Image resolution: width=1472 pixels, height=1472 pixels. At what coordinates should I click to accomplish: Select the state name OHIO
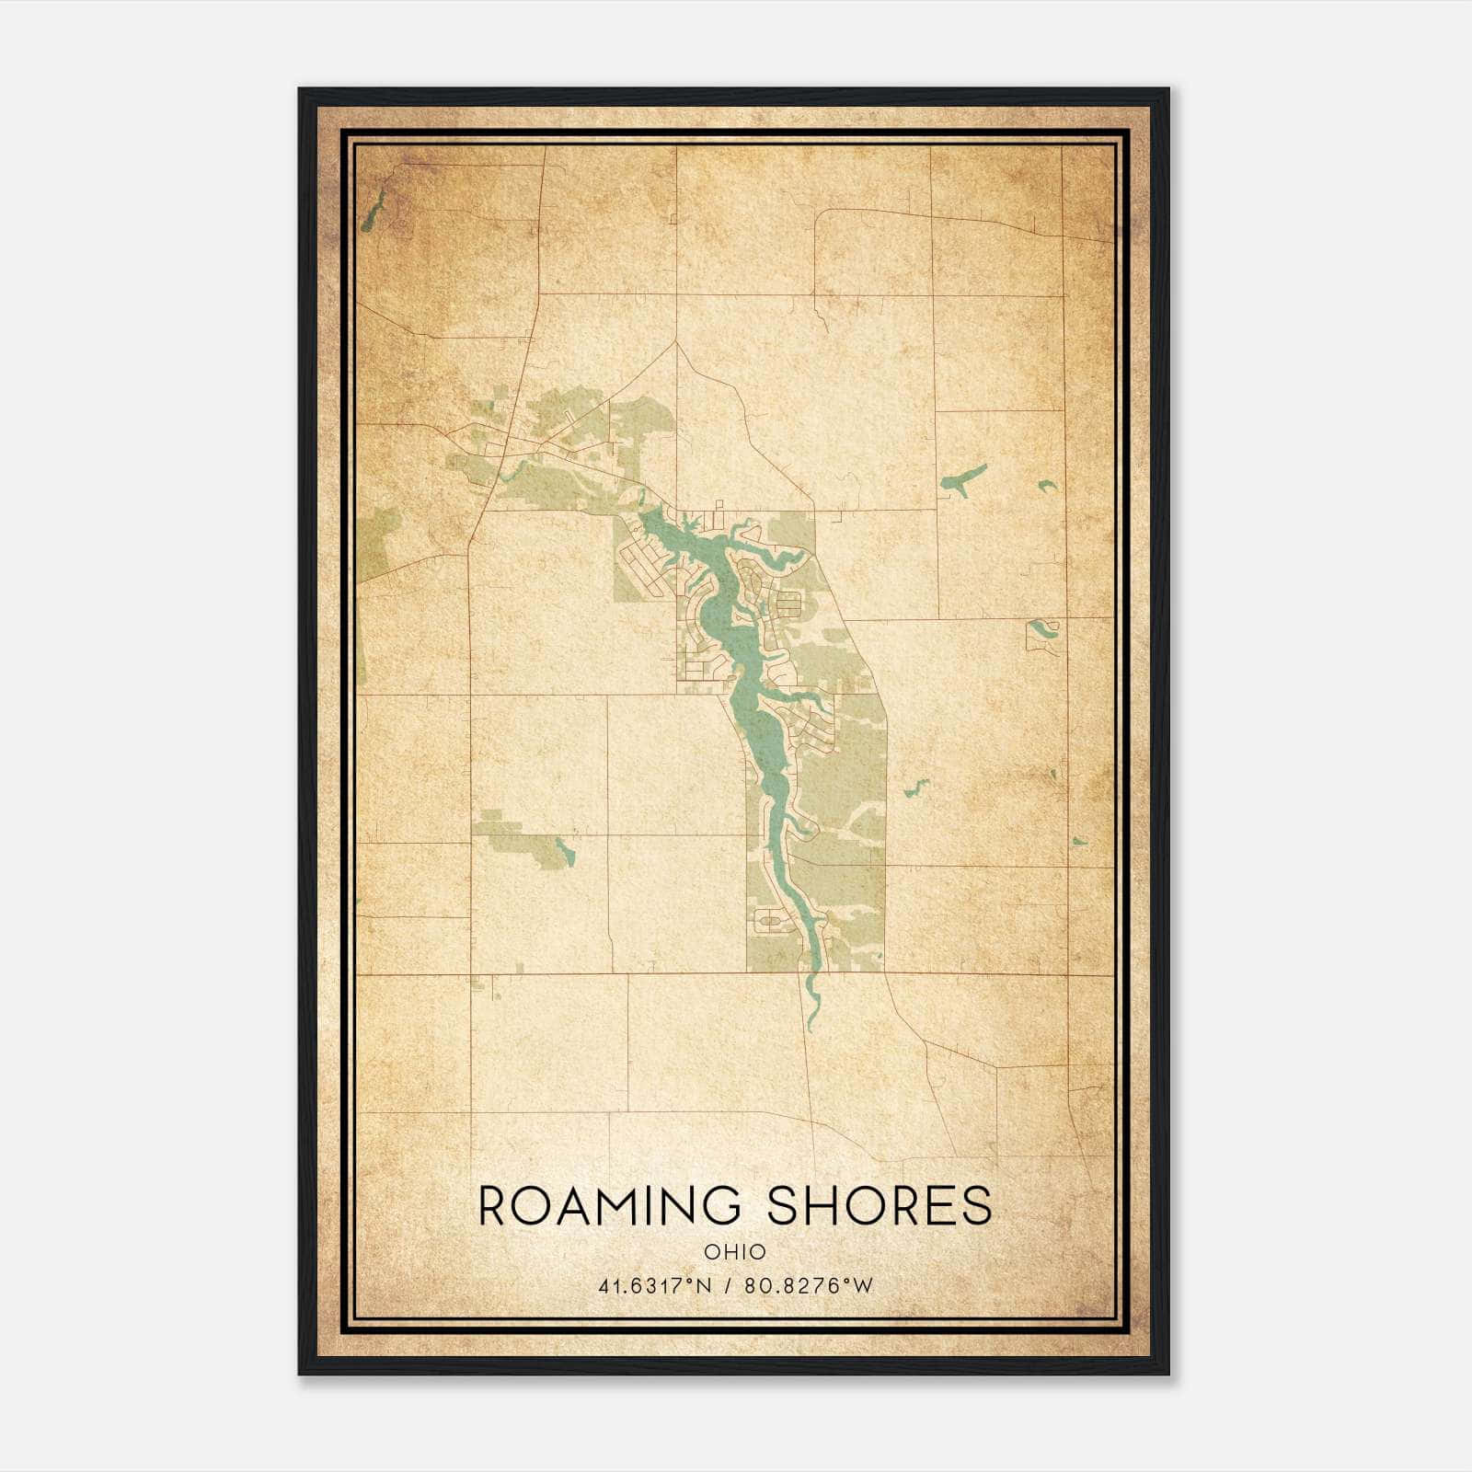(x=735, y=1252)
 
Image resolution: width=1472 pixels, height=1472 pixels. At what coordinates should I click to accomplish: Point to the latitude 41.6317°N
(x=655, y=1286)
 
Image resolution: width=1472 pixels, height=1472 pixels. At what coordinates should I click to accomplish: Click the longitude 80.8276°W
(x=809, y=1286)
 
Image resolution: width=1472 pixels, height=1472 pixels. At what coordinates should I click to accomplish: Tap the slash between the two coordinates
(x=728, y=1286)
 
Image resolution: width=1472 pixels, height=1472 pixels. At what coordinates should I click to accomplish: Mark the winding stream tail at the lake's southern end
(x=811, y=998)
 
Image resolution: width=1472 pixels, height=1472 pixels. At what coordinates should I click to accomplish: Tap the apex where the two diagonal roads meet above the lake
(x=676, y=342)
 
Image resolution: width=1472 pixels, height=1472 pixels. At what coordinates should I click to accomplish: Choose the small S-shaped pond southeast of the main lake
(x=914, y=788)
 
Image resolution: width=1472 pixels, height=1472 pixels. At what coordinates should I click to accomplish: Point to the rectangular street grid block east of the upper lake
(x=788, y=604)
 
